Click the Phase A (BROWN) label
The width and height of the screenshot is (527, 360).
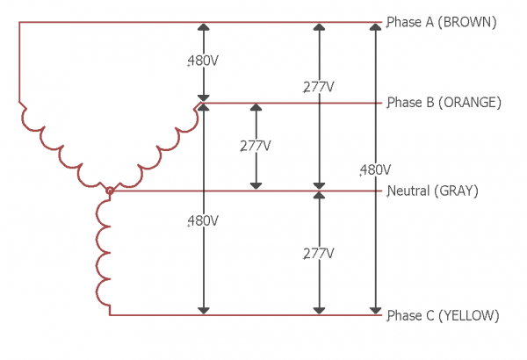(x=442, y=23)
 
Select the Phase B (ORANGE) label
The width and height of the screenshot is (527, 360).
(x=444, y=103)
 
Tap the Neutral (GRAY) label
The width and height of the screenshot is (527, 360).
(x=432, y=191)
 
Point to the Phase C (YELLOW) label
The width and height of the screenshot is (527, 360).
(x=444, y=315)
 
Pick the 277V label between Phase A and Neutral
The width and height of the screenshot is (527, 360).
(x=319, y=86)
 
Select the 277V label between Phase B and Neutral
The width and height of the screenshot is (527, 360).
(x=256, y=146)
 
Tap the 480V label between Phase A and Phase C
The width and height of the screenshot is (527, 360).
(x=375, y=169)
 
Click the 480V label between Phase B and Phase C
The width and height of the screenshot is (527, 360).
(x=203, y=220)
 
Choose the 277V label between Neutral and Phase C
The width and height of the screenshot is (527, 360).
(x=319, y=253)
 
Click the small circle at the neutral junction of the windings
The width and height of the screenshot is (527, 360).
(x=109, y=190)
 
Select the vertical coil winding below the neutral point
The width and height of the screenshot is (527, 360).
(x=106, y=250)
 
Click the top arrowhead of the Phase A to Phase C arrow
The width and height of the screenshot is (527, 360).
(x=375, y=27)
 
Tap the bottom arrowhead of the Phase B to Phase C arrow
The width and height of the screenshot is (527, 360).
(x=203, y=309)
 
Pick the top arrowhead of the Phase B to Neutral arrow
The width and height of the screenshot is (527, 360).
(x=256, y=108)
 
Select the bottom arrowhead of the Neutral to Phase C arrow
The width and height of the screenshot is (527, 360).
(x=319, y=309)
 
